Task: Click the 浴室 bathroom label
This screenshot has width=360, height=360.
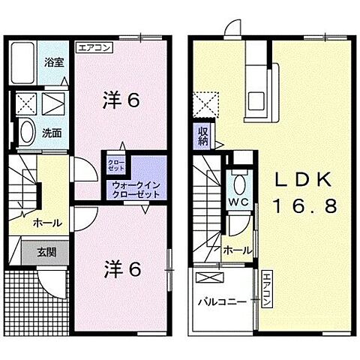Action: click(x=52, y=62)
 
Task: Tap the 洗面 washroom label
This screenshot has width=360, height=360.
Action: click(x=52, y=133)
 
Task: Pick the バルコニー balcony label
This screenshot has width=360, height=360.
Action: click(x=222, y=303)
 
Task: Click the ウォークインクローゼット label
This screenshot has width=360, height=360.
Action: click(x=136, y=189)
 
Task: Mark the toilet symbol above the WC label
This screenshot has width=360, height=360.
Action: click(x=238, y=182)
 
